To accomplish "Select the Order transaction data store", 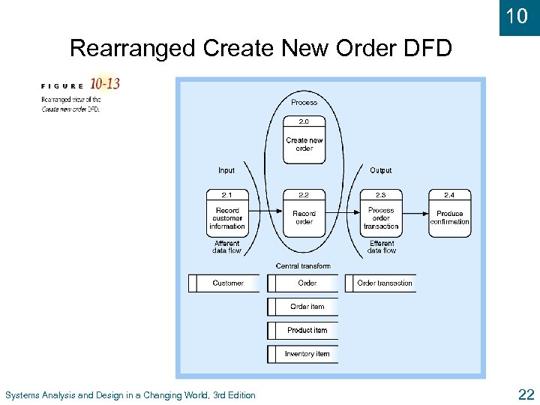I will tap(380, 283).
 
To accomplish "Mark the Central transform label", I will tap(303, 266).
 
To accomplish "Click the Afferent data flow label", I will tap(226, 247).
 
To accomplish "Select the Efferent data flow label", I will tap(382, 247).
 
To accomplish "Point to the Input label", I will tap(226, 170).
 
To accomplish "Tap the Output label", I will tap(381, 170).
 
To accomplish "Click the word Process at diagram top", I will tap(304, 102).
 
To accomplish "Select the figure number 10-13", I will tap(104, 84).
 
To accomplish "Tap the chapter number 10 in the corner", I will tap(517, 16).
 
